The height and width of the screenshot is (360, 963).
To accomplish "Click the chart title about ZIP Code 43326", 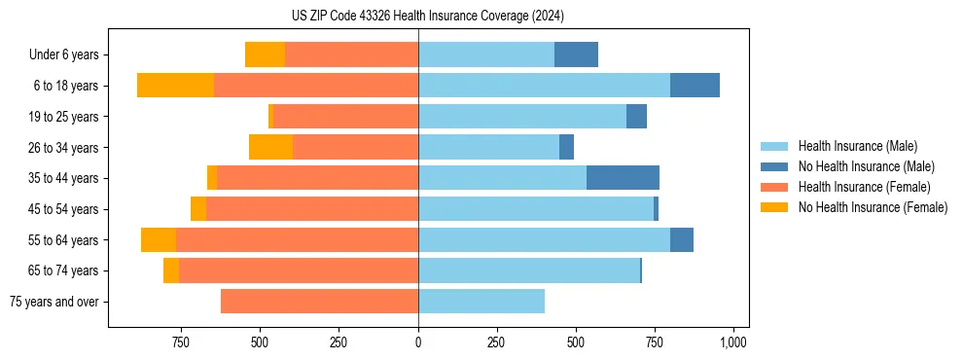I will pos(427,16).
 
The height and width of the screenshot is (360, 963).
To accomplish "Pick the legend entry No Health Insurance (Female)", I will pos(873,207).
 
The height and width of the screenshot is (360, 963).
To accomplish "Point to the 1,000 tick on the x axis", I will pos(733,342).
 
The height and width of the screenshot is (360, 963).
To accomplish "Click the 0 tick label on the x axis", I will pos(418,342).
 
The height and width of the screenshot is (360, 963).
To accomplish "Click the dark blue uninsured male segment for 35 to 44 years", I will pos(623,178).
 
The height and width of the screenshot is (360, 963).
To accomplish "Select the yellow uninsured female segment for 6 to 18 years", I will pos(175,86).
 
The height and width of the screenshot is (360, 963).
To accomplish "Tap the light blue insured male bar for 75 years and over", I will pos(481,302).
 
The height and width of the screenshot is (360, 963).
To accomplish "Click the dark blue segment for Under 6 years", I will pos(576,55).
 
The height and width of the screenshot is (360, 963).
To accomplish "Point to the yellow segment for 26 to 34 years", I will pos(270,147).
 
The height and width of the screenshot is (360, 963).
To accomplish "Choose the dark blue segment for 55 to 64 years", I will pos(681,239).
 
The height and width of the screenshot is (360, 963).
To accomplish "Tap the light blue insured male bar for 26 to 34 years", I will pos(488,147).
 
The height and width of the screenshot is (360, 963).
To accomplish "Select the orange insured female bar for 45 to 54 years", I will pos(311,209).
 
